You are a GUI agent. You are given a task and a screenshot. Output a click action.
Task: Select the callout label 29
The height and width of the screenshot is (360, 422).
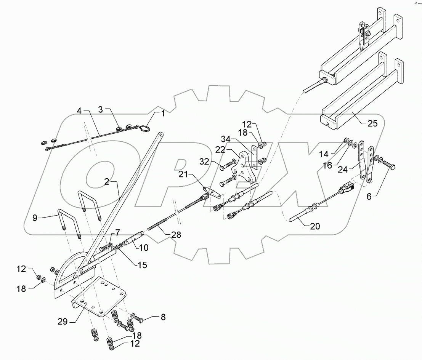[x=63, y=322]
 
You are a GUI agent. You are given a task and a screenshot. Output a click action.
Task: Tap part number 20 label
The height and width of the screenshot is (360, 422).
[x=314, y=227]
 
